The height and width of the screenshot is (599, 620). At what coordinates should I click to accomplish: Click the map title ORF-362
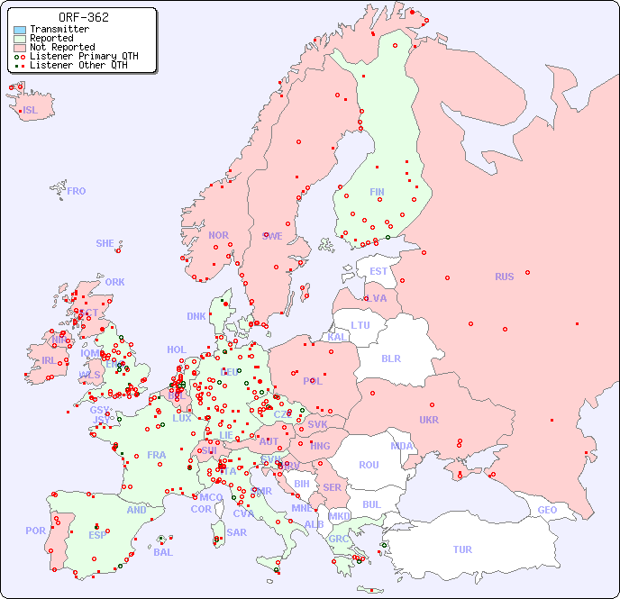(x=83, y=17)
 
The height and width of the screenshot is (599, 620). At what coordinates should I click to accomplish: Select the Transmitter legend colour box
(x=20, y=30)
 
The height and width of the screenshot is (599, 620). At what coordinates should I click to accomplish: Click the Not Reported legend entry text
(x=61, y=47)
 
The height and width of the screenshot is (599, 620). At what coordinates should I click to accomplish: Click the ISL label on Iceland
(x=31, y=111)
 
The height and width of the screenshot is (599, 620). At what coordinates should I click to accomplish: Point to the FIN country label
(x=377, y=192)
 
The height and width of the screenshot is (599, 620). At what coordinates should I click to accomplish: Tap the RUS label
(x=504, y=277)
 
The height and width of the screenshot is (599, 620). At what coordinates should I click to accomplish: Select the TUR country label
(x=462, y=549)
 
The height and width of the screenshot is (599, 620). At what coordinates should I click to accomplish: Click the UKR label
(x=428, y=420)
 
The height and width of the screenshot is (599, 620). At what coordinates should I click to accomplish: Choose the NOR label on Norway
(x=218, y=235)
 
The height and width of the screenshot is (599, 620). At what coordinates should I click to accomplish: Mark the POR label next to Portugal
(x=35, y=531)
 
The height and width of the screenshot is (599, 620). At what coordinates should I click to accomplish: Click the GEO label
(x=547, y=510)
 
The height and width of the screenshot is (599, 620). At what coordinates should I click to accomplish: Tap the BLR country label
(x=390, y=358)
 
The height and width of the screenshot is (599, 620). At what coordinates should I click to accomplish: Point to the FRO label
(x=77, y=191)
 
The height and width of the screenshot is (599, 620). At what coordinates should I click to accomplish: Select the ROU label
(x=369, y=465)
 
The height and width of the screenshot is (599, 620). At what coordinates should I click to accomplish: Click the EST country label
(x=378, y=271)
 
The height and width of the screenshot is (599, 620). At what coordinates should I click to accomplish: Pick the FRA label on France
(x=157, y=455)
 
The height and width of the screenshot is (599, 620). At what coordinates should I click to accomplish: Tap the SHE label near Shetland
(x=105, y=243)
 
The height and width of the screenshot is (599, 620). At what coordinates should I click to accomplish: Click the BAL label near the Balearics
(x=162, y=552)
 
